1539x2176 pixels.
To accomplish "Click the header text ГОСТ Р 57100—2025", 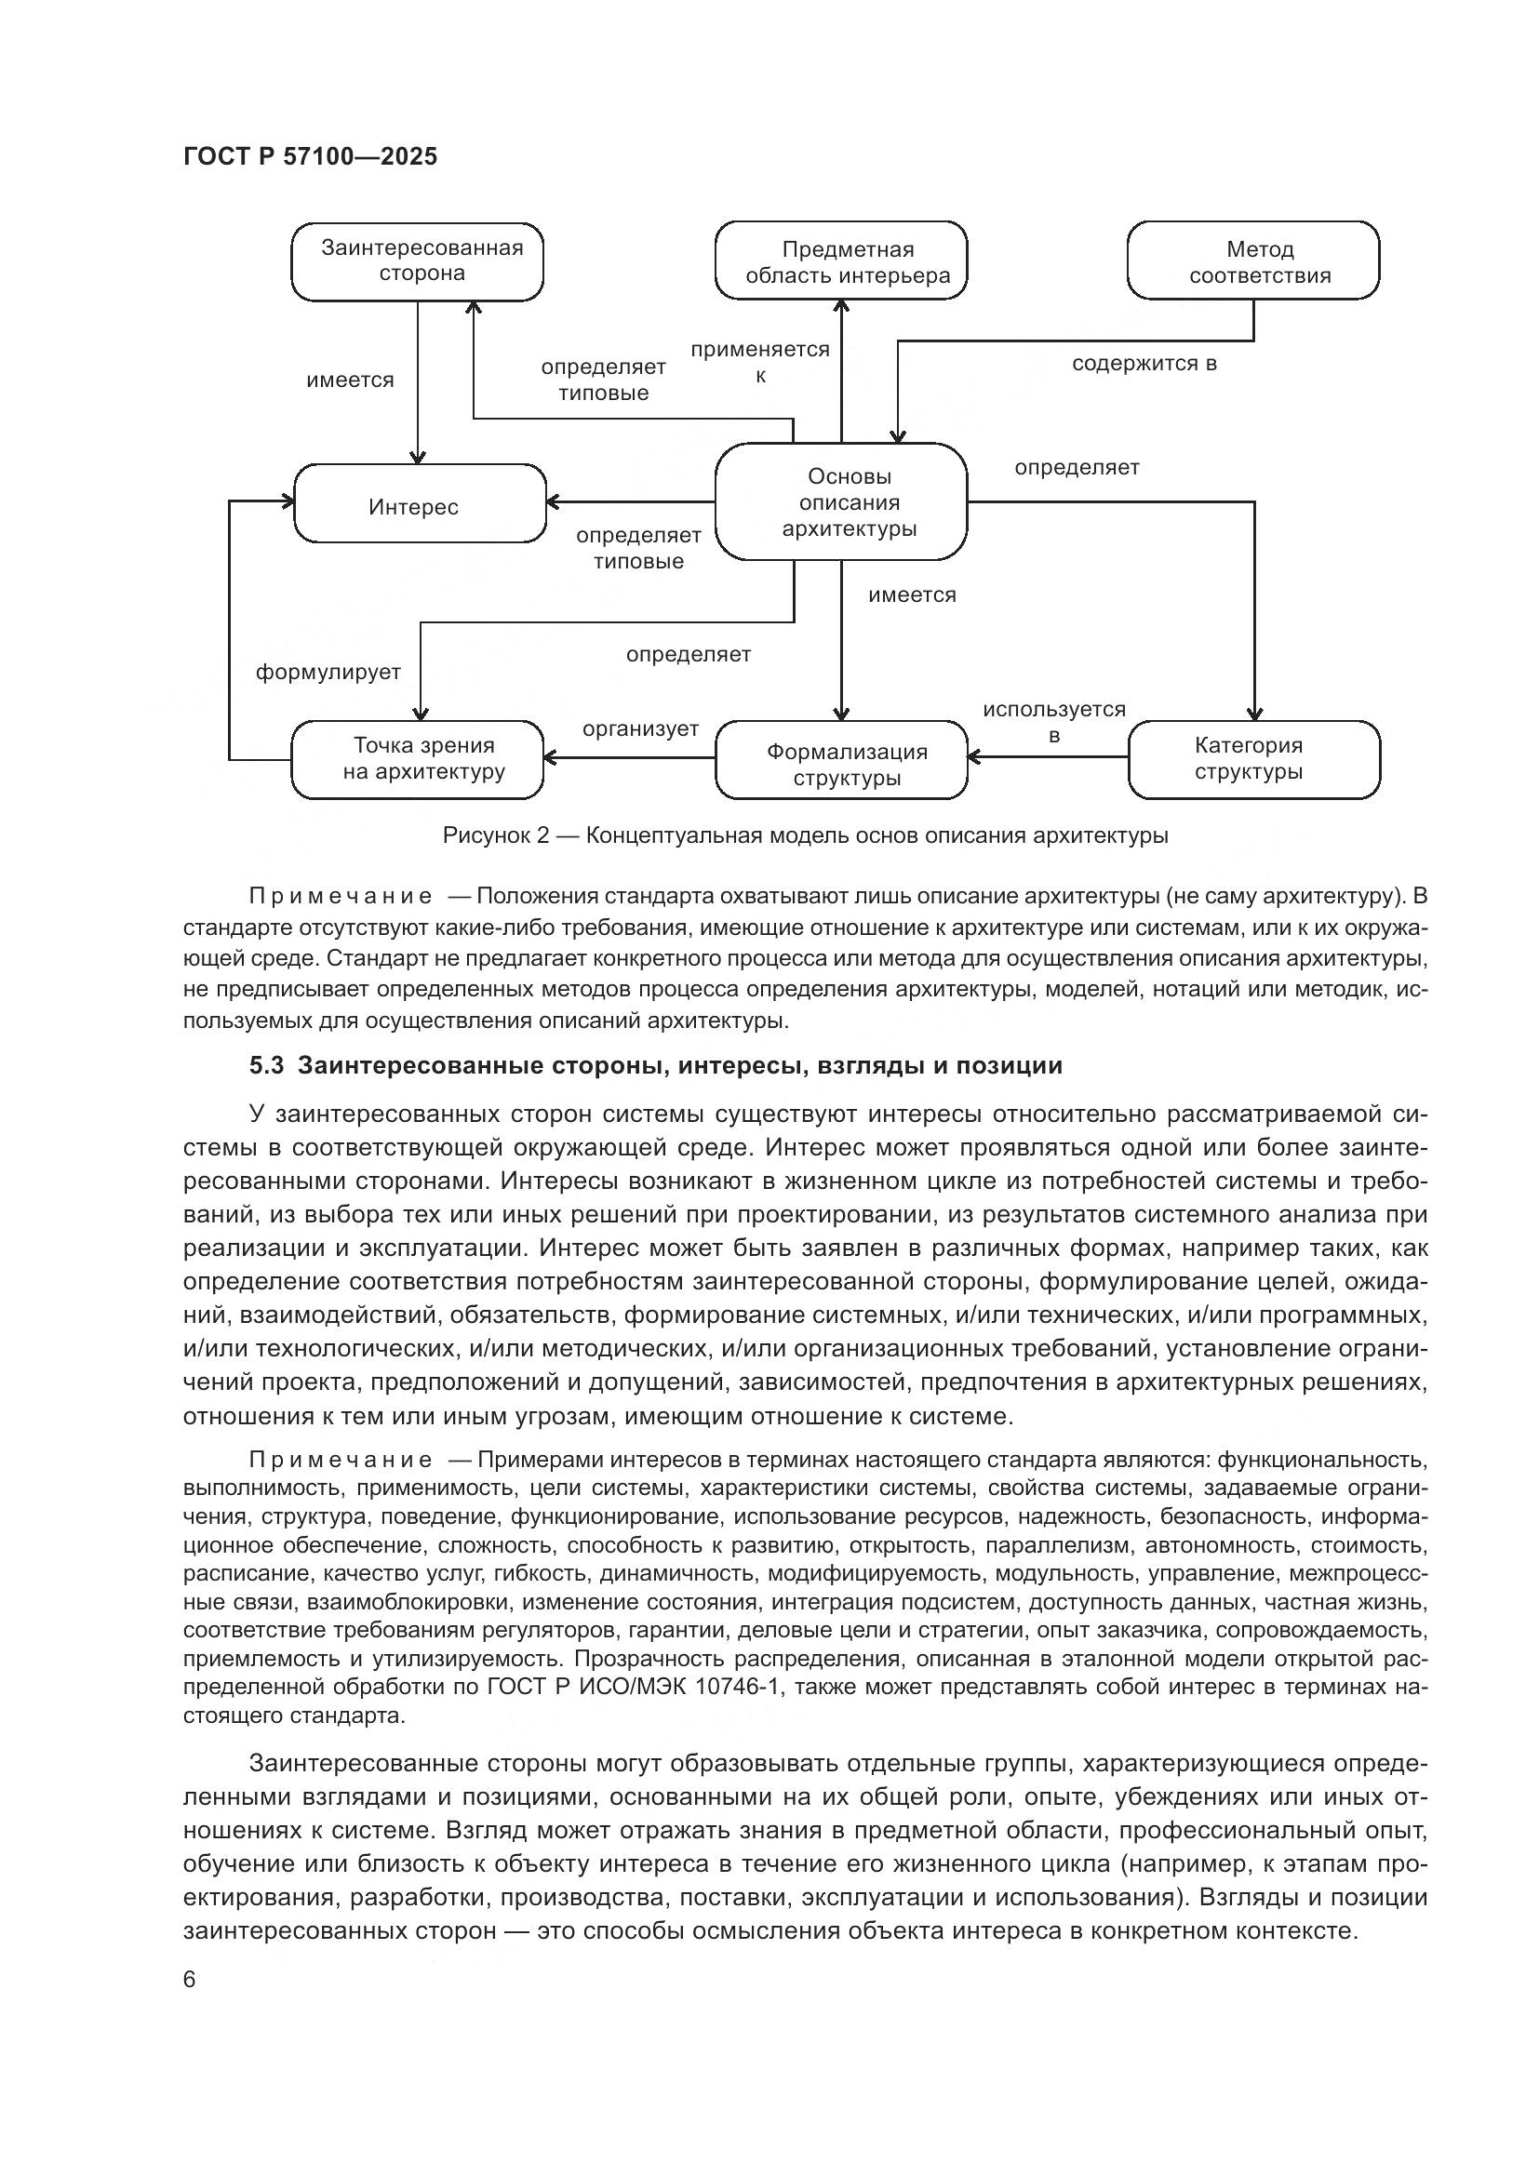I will click(310, 157).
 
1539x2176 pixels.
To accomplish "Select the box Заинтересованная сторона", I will click(417, 261).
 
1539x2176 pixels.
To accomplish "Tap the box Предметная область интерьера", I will click(840, 261).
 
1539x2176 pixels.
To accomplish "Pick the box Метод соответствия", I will click(1252, 261).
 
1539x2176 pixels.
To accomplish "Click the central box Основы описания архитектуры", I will click(840, 502).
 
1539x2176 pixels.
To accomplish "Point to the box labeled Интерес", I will click(420, 504).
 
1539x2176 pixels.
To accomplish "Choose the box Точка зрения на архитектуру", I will click(417, 759).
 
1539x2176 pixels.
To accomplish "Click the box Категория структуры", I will click(1253, 759).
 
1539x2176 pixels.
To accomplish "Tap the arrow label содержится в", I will click(1144, 364).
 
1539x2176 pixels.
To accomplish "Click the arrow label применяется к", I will click(760, 362).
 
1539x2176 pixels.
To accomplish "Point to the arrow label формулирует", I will click(328, 672).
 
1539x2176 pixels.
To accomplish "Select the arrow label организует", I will click(640, 728).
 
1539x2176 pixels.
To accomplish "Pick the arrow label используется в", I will click(1054, 722).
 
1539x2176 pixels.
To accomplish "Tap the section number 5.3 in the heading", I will click(266, 1065).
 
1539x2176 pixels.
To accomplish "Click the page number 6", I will click(190, 1980).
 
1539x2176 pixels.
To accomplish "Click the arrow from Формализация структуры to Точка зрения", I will click(629, 757).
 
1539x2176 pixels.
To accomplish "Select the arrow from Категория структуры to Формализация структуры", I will click(1048, 756).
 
